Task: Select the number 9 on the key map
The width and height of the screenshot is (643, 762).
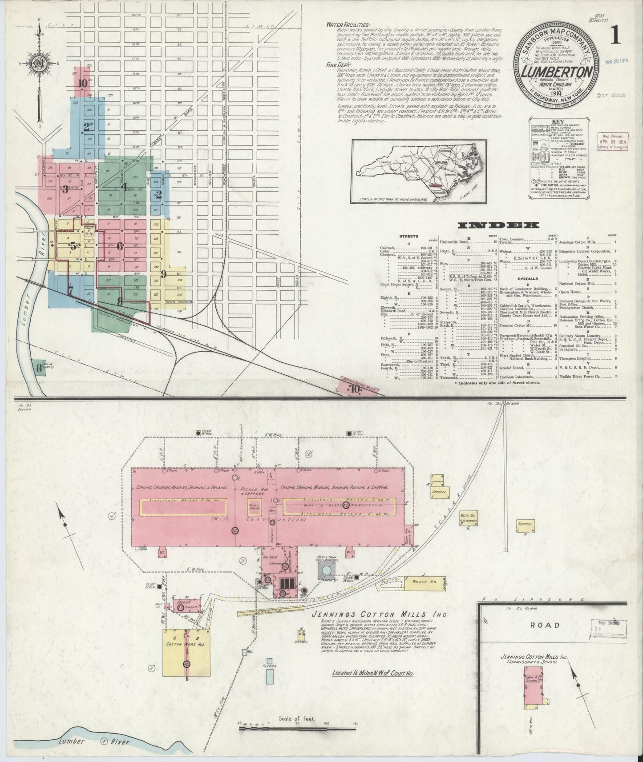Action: (163, 274)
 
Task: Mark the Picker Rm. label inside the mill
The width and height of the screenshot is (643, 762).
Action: (249, 488)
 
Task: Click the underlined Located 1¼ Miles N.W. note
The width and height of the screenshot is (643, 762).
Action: (373, 686)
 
